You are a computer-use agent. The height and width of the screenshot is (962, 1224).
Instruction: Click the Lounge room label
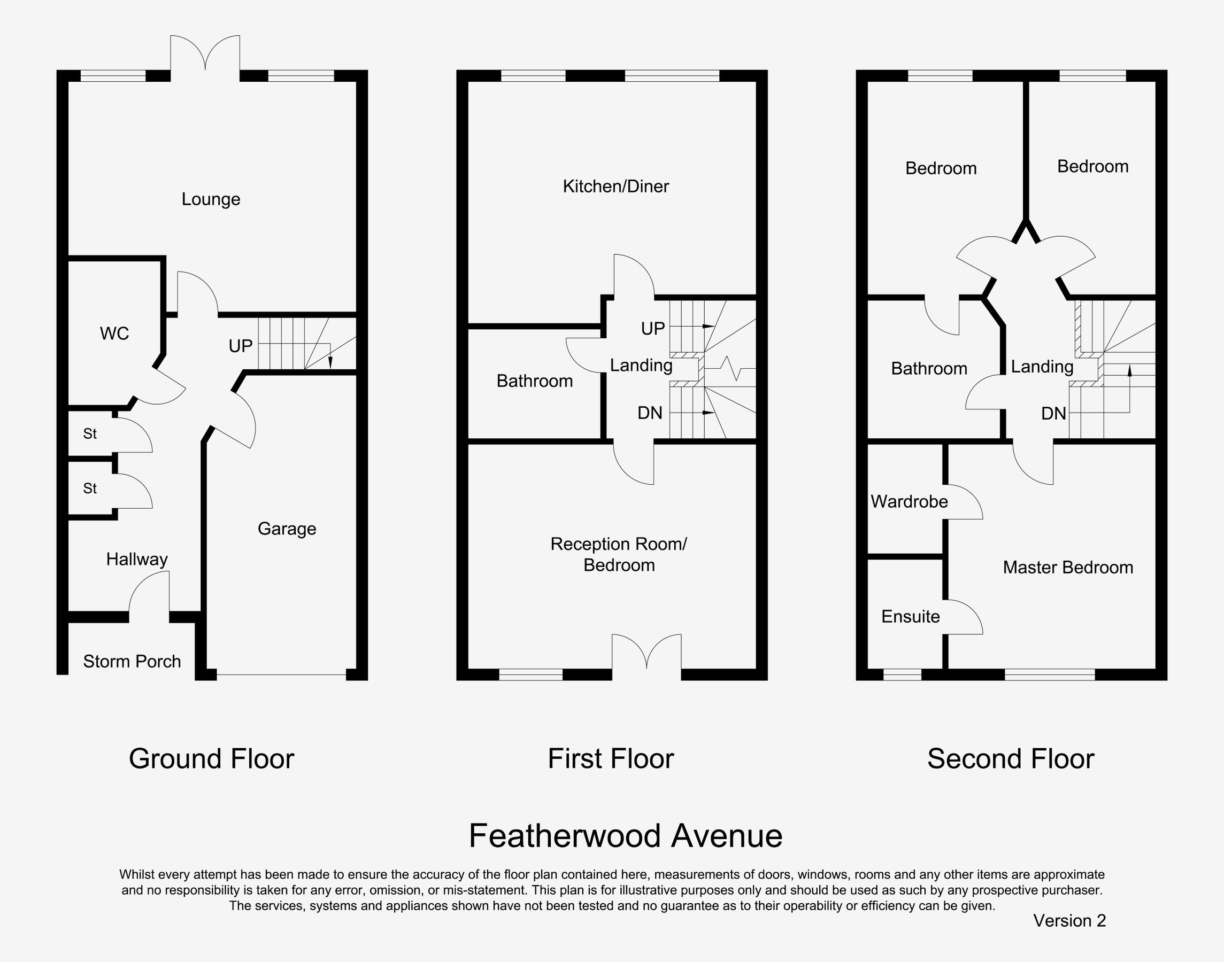tap(211, 199)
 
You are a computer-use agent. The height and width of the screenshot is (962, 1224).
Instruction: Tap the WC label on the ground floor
tap(114, 333)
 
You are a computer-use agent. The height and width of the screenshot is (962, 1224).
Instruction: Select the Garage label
tap(287, 529)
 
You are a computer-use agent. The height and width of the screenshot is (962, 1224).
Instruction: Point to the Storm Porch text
tap(132, 661)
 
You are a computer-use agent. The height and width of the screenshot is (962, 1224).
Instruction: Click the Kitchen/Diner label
tap(615, 187)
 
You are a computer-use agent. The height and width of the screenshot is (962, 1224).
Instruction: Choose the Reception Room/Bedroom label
tap(618, 554)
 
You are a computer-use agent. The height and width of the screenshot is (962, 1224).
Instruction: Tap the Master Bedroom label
tap(1067, 567)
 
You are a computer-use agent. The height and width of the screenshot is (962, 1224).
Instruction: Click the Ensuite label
tap(910, 617)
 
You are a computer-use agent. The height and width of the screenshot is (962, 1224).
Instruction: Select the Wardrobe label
tap(909, 501)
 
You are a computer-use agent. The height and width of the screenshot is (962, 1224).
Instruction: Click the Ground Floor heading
tap(211, 759)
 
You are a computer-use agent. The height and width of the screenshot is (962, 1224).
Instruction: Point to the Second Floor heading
tap(1011, 759)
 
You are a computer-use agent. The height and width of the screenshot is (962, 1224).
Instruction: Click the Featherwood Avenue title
tap(625, 836)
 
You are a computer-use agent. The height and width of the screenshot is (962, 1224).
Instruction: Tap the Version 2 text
tap(1069, 920)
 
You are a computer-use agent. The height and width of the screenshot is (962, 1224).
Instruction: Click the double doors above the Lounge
tap(205, 54)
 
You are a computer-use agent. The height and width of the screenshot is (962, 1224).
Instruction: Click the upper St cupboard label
tap(90, 433)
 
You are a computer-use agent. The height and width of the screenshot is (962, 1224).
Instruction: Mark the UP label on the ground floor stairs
tap(240, 346)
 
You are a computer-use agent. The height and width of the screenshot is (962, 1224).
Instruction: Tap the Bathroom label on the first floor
tap(534, 381)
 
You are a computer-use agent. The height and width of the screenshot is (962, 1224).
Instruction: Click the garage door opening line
tap(281, 674)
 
